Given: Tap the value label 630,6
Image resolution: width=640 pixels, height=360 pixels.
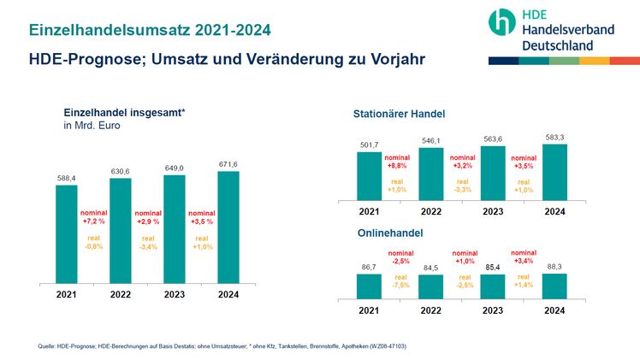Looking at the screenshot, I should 121,171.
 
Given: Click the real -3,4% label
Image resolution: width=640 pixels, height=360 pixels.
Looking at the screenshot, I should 148,244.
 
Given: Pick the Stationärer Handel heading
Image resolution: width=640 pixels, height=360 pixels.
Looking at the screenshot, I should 399,114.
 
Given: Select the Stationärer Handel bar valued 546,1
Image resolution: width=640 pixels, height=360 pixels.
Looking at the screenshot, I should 431,172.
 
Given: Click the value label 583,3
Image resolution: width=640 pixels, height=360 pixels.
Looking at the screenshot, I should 554,136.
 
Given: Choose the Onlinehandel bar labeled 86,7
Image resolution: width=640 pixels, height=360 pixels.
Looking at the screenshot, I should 369,286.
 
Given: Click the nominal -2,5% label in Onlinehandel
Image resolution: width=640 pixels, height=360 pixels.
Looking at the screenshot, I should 400,257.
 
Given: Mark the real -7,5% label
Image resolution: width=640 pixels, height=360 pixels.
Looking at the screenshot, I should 400,281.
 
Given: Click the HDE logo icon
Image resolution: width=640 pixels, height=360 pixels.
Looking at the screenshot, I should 503,24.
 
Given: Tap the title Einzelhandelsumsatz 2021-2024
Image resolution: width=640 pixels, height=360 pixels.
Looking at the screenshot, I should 150,30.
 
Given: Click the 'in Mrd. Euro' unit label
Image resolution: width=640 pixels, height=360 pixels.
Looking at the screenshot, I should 92,127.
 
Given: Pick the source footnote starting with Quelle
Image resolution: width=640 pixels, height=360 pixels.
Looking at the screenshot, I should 222,345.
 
